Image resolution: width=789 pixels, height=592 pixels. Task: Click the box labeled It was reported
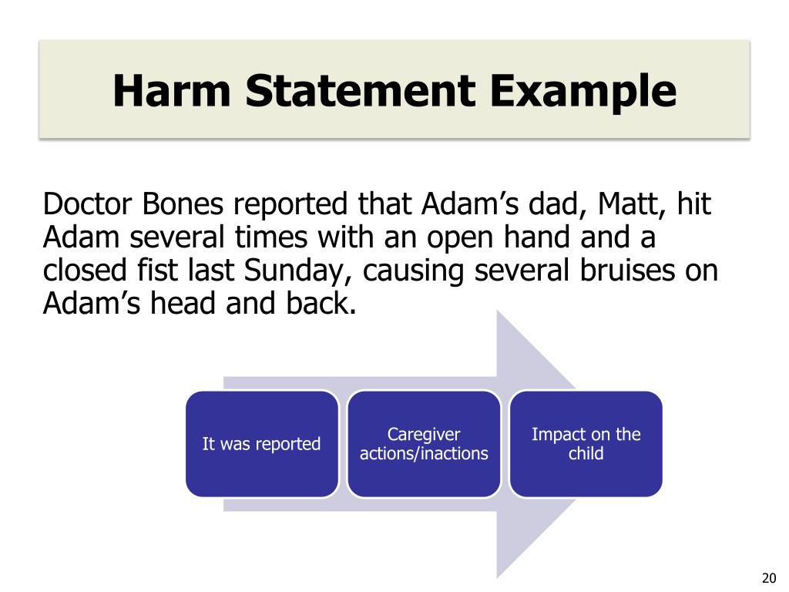tap(261, 444)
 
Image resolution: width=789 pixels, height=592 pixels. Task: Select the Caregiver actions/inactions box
tap(424, 444)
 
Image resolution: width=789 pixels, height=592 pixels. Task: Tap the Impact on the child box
tap(586, 444)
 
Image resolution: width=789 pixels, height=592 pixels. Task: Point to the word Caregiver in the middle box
tap(424, 434)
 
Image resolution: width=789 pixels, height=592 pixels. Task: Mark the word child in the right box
tap(586, 454)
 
